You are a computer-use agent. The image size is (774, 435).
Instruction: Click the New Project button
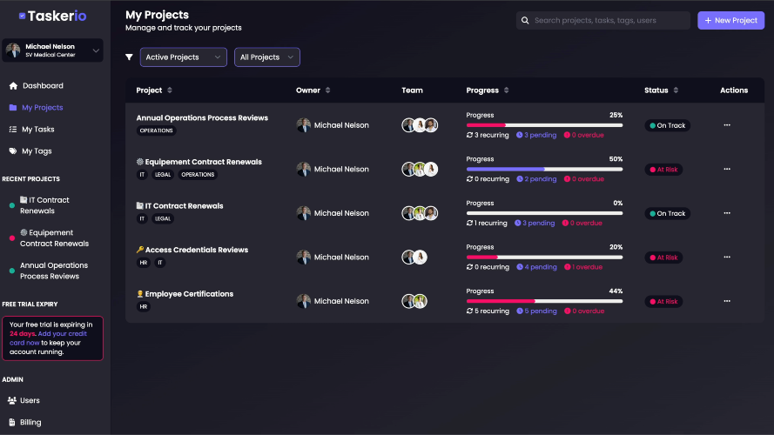click(730, 20)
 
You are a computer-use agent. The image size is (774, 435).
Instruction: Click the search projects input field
click(602, 20)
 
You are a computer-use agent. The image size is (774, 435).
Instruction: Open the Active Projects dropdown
click(183, 57)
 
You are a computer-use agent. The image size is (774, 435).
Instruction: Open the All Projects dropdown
click(266, 57)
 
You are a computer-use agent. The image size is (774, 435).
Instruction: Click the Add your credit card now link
click(48, 338)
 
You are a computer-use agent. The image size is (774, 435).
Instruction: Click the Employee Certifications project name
click(189, 294)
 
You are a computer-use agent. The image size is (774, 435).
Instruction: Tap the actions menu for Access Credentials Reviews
click(727, 257)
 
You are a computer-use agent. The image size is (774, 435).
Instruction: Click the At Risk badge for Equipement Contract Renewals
click(663, 170)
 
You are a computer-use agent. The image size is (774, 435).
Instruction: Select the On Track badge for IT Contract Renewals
click(668, 213)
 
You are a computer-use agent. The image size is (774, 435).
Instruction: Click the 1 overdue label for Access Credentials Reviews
click(583, 267)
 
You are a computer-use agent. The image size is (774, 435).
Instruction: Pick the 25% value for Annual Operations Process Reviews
click(616, 115)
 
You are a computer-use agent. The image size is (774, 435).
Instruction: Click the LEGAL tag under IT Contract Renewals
click(163, 218)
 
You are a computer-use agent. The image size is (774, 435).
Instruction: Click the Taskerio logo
click(53, 17)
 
